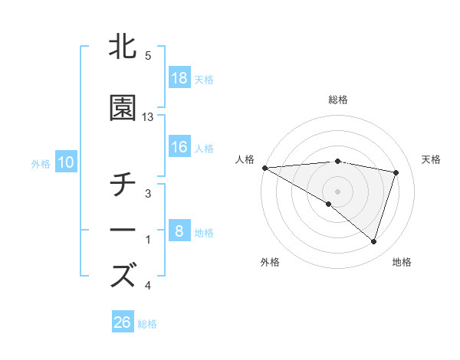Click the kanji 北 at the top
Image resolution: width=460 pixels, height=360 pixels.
[123, 47]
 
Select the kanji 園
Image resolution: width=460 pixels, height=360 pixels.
[123, 110]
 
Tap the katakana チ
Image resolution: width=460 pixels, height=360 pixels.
[123, 186]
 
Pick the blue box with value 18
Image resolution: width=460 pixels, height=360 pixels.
[179, 78]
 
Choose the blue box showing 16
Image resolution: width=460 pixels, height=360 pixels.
[179, 147]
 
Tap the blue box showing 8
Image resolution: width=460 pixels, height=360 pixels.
[179, 231]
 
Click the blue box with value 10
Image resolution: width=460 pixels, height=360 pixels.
[65, 162]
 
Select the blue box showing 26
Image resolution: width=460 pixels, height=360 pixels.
[123, 322]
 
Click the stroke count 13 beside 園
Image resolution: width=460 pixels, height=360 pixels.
[148, 117]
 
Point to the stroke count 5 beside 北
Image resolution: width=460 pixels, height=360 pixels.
[148, 56]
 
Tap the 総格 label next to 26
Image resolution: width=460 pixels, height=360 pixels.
[147, 323]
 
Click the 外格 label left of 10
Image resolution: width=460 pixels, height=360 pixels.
[41, 163]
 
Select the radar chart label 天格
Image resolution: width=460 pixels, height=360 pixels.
[431, 159]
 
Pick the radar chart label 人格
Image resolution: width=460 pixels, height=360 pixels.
[245, 159]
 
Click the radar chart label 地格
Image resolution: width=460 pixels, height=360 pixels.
[402, 262]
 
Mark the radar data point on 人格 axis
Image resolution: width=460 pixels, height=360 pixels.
[264, 168]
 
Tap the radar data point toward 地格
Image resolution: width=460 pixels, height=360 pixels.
[373, 242]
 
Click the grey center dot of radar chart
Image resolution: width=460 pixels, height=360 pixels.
[337, 190]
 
